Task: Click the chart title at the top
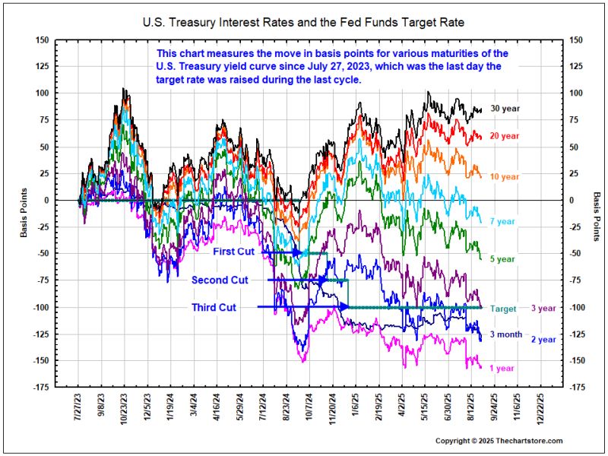303,23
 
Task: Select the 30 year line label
505,109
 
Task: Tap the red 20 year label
505,136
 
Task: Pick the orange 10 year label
505,176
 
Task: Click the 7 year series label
502,221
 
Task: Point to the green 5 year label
502,259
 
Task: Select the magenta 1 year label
502,368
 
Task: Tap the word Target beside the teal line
504,308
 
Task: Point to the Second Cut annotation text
220,280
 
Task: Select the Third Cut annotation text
214,307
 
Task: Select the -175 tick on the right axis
578,388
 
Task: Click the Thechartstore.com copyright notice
499,441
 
